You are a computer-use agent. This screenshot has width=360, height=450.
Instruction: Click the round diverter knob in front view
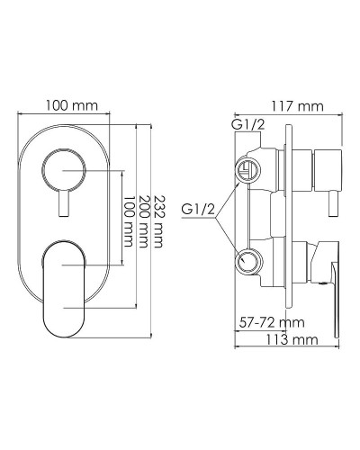pyautogui.click(x=64, y=167)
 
